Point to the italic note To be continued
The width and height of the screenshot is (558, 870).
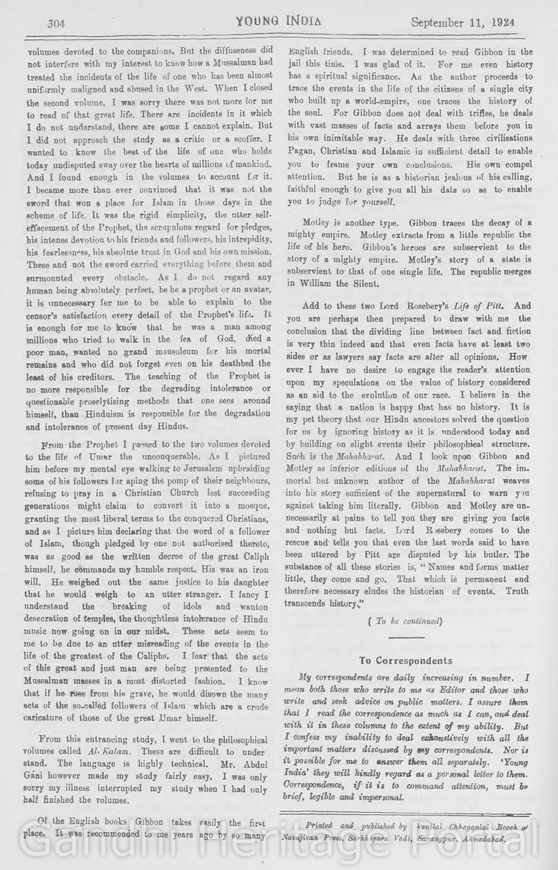coord(404,620)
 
